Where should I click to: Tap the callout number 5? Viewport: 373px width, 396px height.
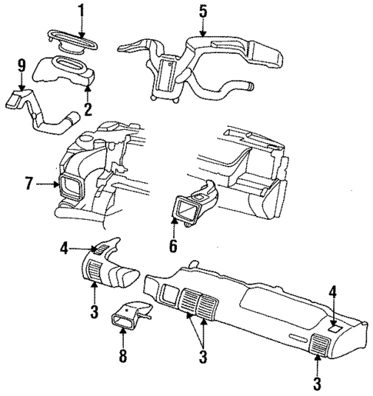pos(203,11)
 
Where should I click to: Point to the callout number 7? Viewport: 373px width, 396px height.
pos(28,184)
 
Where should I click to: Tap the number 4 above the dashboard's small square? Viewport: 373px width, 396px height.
pos(333,291)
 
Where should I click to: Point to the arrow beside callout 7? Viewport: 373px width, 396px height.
pos(48,184)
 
